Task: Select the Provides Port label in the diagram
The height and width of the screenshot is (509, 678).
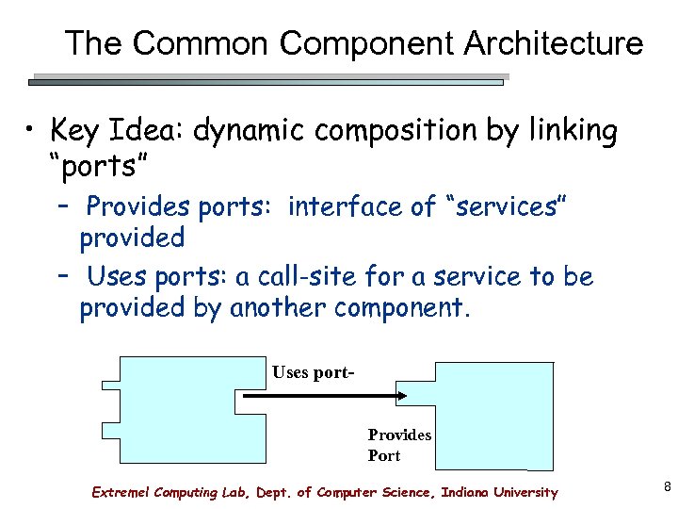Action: [398, 445]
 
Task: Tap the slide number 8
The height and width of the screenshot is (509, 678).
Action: [668, 487]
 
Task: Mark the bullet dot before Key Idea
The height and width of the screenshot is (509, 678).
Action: [31, 130]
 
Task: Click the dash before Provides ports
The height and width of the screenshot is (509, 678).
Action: [64, 206]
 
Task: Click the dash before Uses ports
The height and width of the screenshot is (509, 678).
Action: [64, 277]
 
